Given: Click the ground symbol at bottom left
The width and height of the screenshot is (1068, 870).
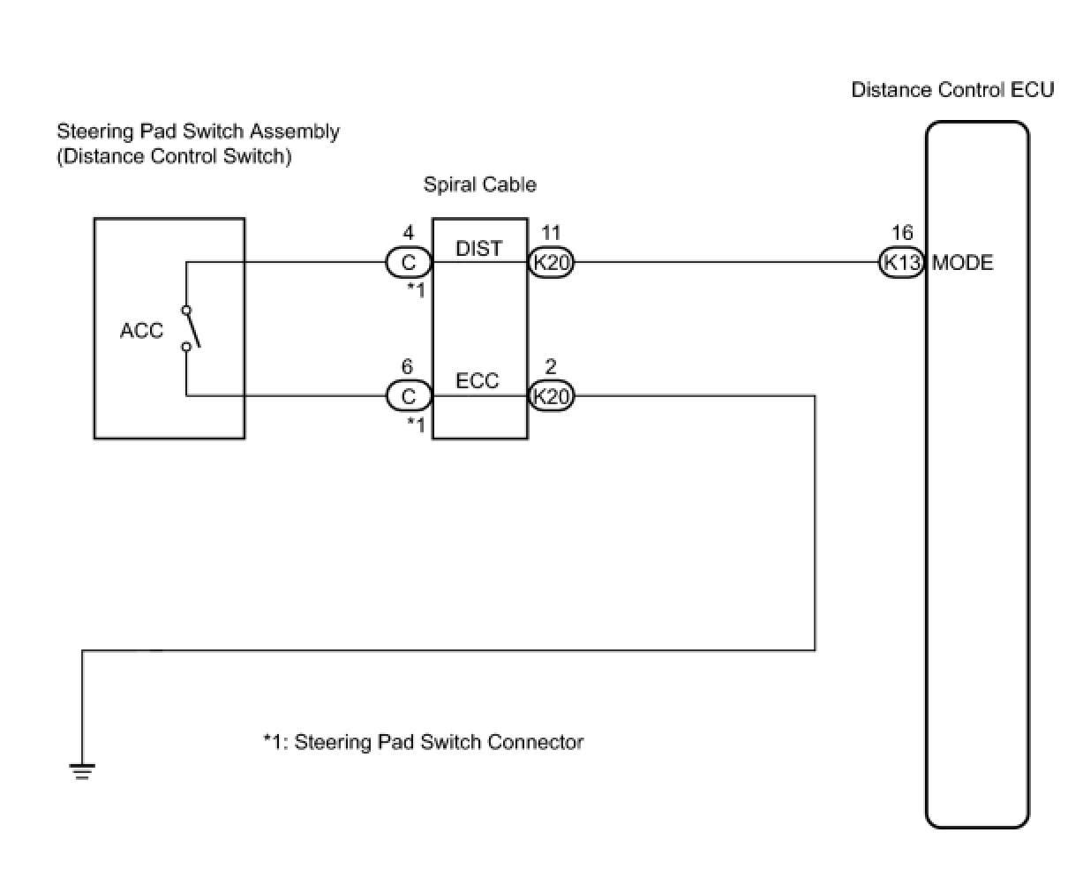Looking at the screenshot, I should (82, 772).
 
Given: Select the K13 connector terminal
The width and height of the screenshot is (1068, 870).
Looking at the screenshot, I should (901, 263).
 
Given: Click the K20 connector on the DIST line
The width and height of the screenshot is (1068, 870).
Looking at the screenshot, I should (552, 263).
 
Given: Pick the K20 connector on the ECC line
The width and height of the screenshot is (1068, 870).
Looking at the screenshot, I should (552, 396).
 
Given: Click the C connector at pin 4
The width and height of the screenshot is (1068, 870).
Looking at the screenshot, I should (409, 263).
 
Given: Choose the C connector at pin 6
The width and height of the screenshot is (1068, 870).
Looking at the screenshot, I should (409, 396).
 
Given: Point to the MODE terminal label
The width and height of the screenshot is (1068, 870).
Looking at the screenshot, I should (962, 263).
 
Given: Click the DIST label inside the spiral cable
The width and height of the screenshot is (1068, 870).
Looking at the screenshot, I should (478, 249).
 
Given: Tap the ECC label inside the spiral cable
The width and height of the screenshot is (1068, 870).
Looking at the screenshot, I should (478, 381).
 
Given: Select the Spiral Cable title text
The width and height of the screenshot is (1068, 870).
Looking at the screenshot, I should (479, 184).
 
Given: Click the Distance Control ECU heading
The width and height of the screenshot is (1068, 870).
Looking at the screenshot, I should (951, 90).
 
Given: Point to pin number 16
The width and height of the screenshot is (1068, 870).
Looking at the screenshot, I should (902, 233).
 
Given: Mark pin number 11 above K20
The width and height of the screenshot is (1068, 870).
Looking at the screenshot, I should (551, 233).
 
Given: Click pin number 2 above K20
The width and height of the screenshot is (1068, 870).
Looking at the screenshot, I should (551, 366).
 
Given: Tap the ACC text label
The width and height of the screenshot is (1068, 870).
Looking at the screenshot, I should (141, 331).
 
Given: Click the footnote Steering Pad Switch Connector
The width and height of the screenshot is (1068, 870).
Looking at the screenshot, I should (424, 742).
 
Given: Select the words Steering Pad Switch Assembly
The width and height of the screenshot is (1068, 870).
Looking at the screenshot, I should (198, 131).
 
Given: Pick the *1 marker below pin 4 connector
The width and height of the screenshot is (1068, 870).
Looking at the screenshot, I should (416, 289).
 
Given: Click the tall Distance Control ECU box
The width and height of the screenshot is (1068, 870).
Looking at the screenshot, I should (977, 529).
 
